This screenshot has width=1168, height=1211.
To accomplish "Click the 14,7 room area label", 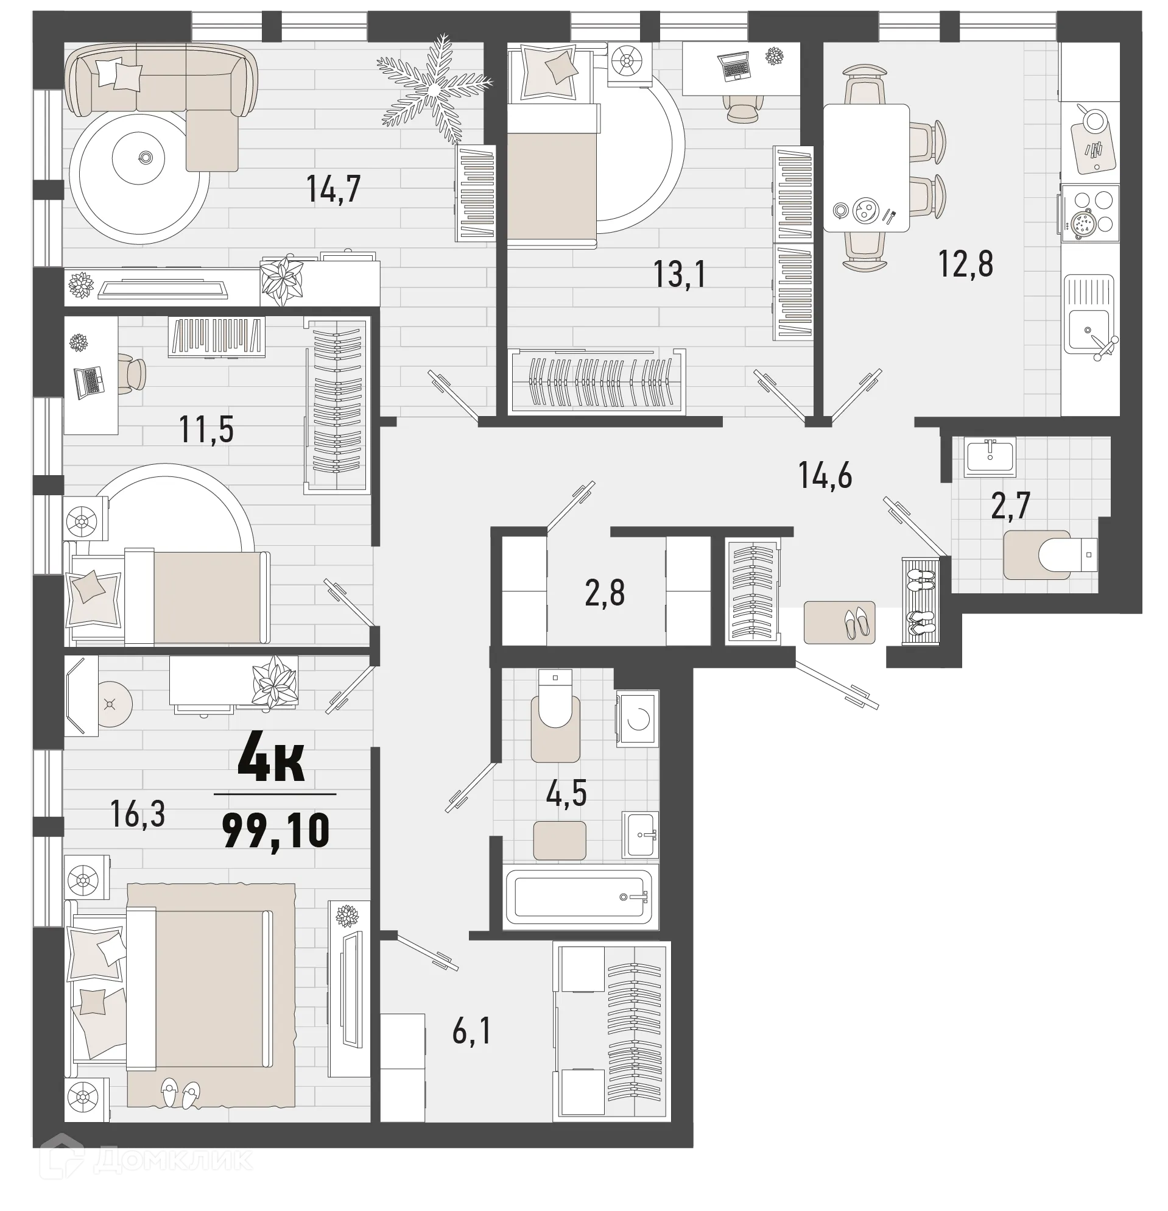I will pos(333,189).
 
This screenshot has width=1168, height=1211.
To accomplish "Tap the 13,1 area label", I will pos(680,274).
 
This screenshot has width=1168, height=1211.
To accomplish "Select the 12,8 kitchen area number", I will pos(965,264).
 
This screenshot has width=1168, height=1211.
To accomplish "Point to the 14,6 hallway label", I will pos(825,476).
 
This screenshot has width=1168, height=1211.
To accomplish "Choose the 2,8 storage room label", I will pos(605,593).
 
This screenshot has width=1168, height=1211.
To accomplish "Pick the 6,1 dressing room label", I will pos(472,1032).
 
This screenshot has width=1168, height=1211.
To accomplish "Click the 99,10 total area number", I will pos(275,831).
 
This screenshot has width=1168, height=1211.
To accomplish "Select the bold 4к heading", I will pos(271,764).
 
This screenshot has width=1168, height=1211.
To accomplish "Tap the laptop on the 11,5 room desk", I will pos(88,381).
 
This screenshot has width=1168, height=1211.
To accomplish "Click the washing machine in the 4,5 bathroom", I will pos(638,718).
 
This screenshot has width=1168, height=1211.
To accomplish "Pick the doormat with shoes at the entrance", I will pos(839,623).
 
